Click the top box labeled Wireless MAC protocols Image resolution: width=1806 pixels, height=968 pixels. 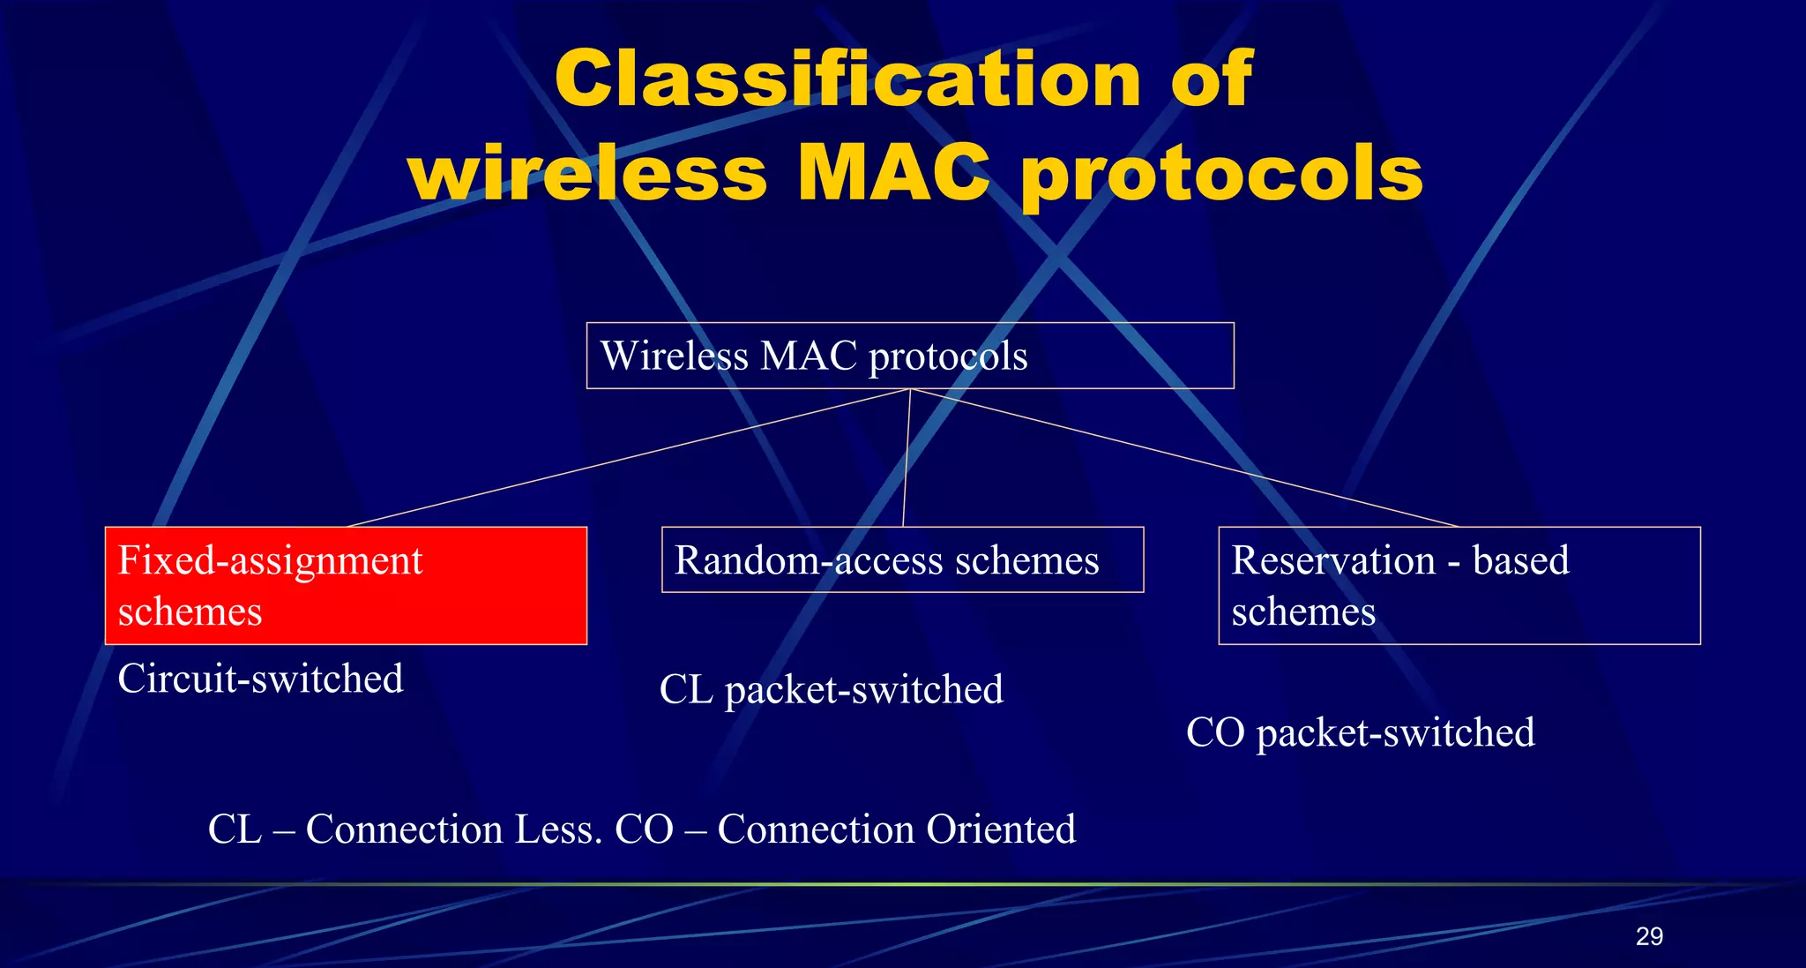click(x=909, y=356)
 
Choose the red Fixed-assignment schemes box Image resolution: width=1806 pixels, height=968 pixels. click(x=346, y=586)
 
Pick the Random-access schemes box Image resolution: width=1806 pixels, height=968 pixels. click(x=902, y=560)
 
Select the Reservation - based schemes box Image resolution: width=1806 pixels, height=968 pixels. click(x=1459, y=586)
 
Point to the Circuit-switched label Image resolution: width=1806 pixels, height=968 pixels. click(x=260, y=679)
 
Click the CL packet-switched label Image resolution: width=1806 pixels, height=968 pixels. click(x=831, y=690)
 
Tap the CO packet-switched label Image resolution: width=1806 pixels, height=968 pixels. click(x=1360, y=732)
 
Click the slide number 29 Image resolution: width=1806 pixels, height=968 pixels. click(x=1649, y=936)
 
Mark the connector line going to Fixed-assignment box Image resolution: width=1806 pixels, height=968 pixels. click(x=628, y=458)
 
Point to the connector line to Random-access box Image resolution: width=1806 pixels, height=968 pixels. click(x=906, y=458)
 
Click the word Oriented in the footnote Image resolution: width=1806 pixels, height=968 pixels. click(x=1000, y=829)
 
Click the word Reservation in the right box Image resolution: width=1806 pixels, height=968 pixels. click(x=1333, y=560)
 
